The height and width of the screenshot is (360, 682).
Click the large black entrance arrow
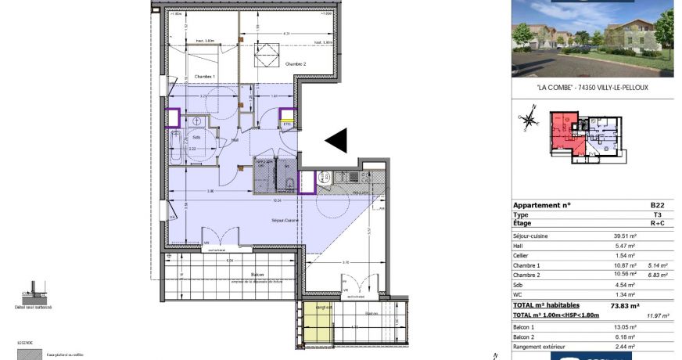tap(336, 141)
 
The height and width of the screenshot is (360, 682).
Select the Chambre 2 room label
tap(296, 64)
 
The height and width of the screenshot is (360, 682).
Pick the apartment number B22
tap(656, 205)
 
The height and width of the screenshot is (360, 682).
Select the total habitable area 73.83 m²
tap(624, 306)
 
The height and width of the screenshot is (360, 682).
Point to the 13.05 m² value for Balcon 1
tap(624, 326)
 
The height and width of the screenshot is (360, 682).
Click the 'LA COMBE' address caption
tap(593, 88)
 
